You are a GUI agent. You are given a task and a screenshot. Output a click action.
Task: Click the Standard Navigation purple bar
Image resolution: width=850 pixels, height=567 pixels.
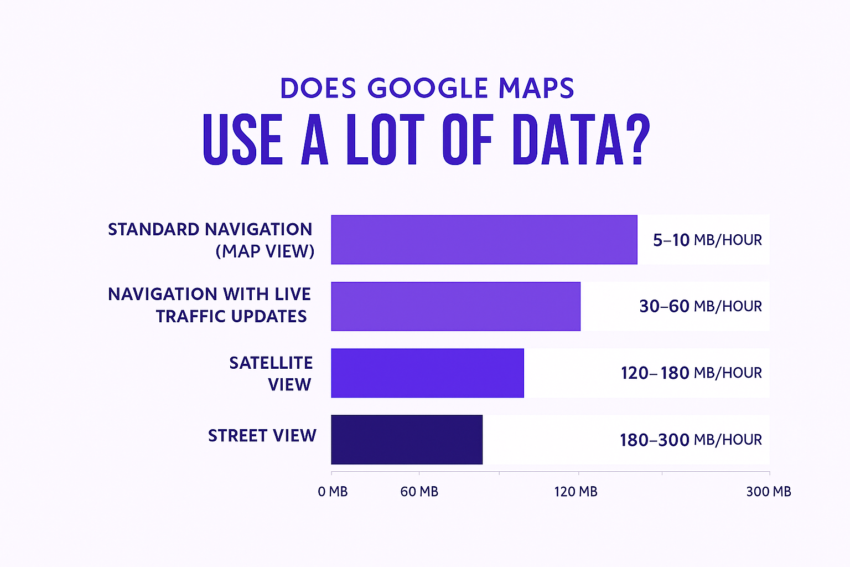click(x=484, y=240)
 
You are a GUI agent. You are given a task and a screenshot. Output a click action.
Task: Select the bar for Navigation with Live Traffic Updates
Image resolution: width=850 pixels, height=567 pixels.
click(x=455, y=306)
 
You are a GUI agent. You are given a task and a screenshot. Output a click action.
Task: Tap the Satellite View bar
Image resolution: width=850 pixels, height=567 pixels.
click(x=427, y=373)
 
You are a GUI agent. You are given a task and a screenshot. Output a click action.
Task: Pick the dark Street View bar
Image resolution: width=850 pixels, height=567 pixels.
click(x=407, y=440)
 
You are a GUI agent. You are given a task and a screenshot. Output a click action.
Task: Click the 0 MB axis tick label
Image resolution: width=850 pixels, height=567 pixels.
click(x=333, y=492)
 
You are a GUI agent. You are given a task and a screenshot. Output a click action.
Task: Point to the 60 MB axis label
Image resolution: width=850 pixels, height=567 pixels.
click(x=419, y=492)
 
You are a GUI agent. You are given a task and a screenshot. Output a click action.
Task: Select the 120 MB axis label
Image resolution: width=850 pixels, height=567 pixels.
click(x=576, y=492)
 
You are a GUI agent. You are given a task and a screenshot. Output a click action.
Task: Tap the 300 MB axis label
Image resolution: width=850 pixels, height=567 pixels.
click(x=768, y=492)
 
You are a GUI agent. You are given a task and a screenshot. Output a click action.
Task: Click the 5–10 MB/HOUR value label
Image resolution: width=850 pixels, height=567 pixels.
click(x=707, y=240)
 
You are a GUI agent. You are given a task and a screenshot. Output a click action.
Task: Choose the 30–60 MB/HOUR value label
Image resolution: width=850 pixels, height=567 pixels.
click(x=701, y=306)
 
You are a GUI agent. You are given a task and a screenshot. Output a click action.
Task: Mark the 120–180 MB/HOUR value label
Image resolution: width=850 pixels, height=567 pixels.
click(x=691, y=373)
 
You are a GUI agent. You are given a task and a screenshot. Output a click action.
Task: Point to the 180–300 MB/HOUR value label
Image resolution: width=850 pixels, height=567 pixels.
click(x=691, y=440)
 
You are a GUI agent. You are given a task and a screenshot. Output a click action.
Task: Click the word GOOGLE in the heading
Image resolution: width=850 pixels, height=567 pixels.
click(x=427, y=89)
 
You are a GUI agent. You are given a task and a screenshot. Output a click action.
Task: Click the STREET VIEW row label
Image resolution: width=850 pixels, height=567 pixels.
click(x=262, y=436)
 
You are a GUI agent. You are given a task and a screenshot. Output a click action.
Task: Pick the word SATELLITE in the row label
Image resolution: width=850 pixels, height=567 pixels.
click(x=271, y=363)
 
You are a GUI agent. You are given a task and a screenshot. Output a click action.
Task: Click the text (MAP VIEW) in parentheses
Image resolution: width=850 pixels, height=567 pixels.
click(x=265, y=251)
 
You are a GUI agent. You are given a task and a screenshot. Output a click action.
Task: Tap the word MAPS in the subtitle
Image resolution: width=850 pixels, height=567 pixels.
click(x=536, y=89)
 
